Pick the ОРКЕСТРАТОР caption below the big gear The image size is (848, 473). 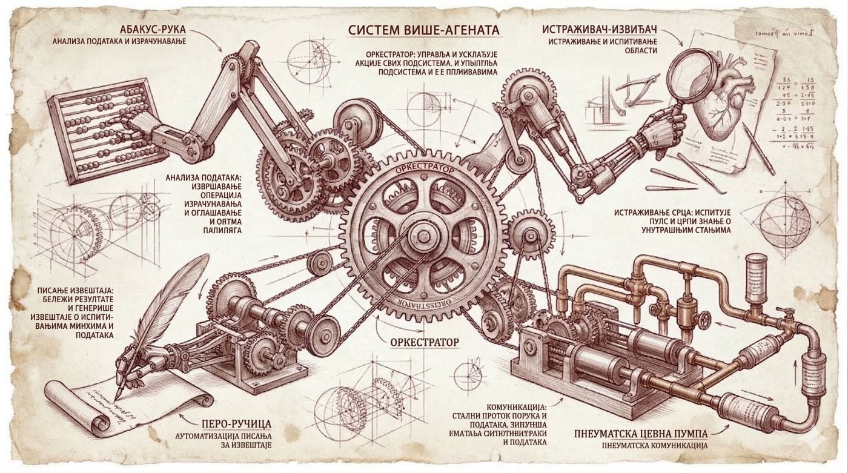click(x=424, y=342)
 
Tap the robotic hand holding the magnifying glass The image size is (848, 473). click(x=666, y=124)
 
